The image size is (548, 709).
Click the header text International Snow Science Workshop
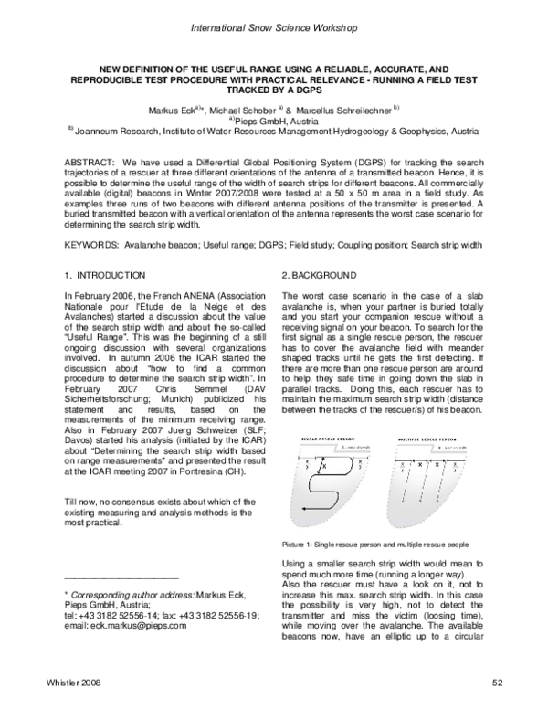point(273,30)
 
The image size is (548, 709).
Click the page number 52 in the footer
point(497,683)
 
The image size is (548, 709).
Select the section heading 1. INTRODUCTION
point(105,275)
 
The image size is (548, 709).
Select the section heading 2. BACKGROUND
point(321,275)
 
